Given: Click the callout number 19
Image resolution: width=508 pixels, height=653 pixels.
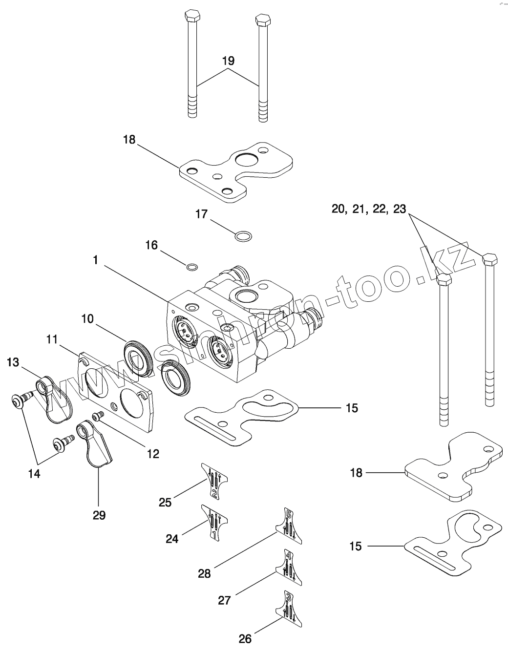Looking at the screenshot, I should tap(228, 61).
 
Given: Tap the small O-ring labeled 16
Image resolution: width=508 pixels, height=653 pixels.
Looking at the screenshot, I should tap(192, 267).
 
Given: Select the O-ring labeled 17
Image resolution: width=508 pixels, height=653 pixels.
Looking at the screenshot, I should tap(244, 237).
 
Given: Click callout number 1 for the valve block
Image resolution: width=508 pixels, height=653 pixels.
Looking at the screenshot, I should tap(96, 261).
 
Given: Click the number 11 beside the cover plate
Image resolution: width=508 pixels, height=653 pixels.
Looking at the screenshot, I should tap(53, 338).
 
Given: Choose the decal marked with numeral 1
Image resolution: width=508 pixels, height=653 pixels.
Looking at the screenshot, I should tap(214, 523).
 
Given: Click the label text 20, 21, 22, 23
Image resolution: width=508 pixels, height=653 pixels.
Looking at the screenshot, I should tap(369, 209).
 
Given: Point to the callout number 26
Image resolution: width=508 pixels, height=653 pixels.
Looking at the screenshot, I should tap(245, 638).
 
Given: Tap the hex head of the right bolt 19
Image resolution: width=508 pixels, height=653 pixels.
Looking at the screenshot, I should tap(263, 20).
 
